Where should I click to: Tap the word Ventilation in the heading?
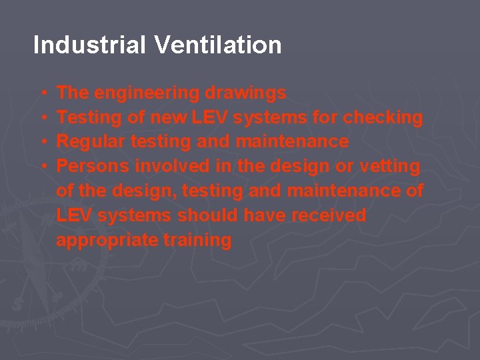click(218, 45)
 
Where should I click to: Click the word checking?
click(383, 118)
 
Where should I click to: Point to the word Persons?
click(93, 166)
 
